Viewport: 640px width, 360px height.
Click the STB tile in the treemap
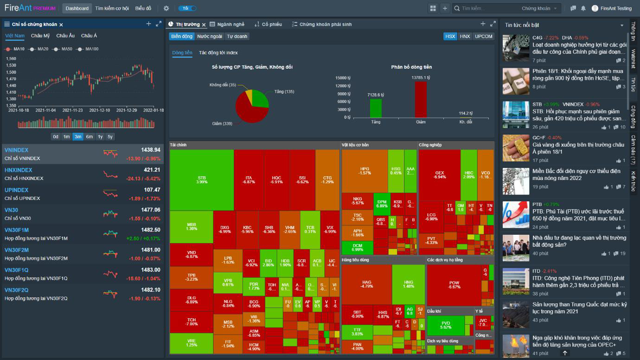point(202,180)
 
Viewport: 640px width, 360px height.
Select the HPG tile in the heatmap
point(365,171)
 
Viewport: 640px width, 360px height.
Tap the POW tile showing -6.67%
point(454,284)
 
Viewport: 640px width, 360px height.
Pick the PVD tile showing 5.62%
point(445,325)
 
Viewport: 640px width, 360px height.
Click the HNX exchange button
point(465,36)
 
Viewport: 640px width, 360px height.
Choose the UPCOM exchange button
point(483,36)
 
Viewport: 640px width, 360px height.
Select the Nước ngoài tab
point(210,36)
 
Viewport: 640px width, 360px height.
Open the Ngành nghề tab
point(227,24)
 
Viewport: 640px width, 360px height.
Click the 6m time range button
point(90,137)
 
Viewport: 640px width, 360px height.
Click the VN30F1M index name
point(17,230)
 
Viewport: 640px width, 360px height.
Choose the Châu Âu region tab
point(65,36)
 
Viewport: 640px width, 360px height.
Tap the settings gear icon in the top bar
point(166,8)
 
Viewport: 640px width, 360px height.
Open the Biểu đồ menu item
point(143,8)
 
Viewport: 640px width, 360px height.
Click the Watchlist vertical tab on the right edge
point(633,59)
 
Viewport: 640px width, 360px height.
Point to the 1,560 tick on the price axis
point(11,58)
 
